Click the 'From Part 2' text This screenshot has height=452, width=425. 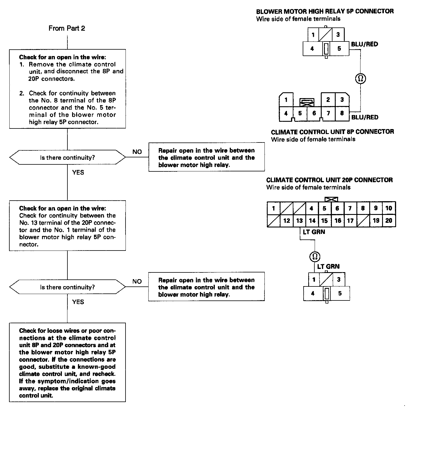(67, 28)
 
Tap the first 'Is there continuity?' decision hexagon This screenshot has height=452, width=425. (67, 158)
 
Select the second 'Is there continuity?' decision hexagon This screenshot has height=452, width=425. (67, 287)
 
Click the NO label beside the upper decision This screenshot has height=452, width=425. (137, 152)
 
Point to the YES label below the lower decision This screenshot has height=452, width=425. (78, 302)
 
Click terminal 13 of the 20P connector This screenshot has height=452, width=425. (299, 221)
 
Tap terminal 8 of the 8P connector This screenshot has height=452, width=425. (342, 113)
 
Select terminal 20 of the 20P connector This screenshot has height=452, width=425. (389, 220)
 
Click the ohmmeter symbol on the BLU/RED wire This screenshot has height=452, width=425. (360, 79)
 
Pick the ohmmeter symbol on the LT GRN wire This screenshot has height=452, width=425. (315, 256)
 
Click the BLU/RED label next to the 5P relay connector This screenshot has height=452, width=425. (365, 44)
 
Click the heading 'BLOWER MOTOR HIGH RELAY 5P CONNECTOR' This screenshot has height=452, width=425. (325, 11)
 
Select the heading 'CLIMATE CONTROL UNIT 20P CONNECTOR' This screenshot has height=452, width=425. (329, 180)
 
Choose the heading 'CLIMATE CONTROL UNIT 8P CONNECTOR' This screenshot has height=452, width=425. (332, 132)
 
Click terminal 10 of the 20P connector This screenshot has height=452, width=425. (389, 208)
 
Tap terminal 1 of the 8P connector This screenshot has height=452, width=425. (286, 100)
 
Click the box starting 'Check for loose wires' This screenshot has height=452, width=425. (67, 362)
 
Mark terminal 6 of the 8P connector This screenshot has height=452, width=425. (314, 113)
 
